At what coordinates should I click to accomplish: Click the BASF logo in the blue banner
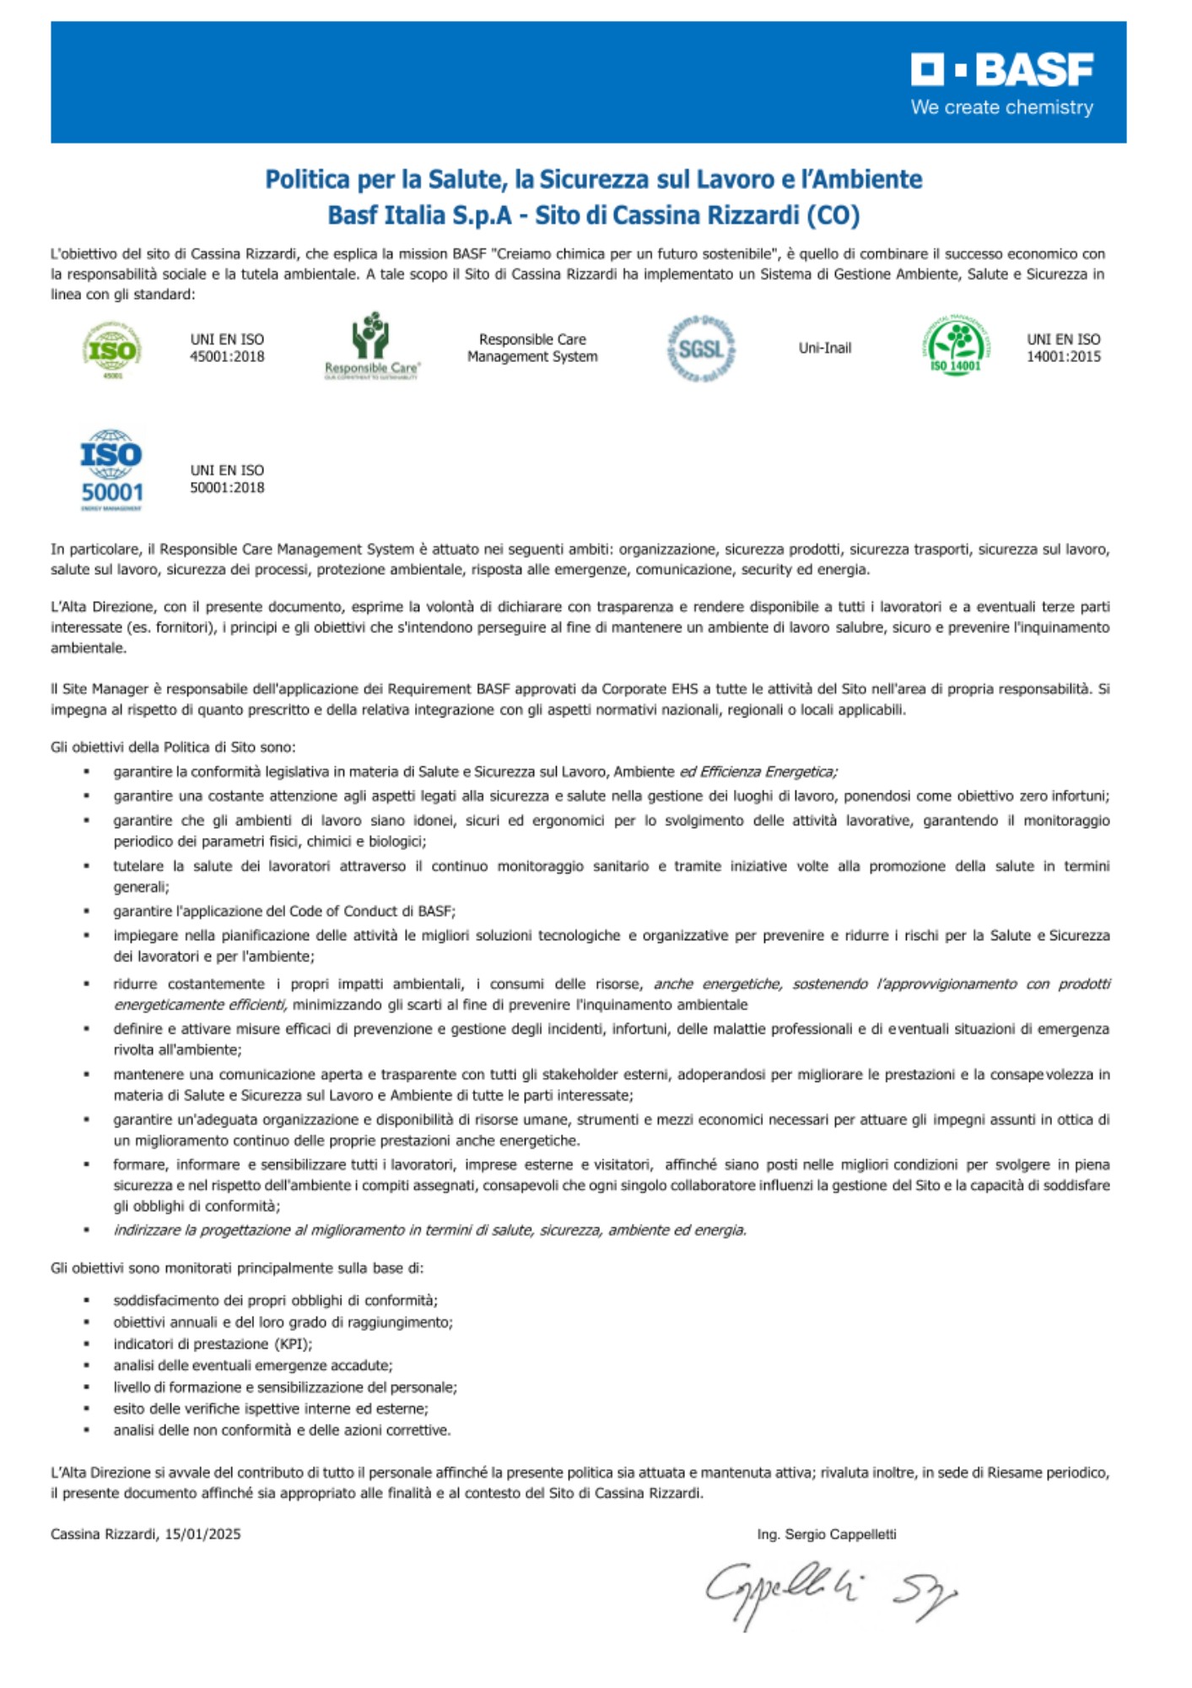click(1001, 70)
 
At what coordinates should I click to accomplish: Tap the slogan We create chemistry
click(1001, 108)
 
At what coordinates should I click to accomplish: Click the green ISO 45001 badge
click(111, 349)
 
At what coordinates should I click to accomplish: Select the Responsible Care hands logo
click(371, 345)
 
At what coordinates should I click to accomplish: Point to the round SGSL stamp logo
click(700, 349)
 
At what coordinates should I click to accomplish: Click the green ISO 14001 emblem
click(956, 346)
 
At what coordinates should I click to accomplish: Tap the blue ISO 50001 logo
click(111, 469)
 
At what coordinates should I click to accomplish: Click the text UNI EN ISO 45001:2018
click(227, 348)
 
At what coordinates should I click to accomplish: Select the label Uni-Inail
click(824, 348)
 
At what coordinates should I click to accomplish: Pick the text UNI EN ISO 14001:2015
click(1063, 348)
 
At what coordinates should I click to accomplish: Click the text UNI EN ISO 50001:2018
click(227, 479)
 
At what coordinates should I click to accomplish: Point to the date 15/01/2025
click(202, 1534)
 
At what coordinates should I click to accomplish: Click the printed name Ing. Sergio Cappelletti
click(826, 1534)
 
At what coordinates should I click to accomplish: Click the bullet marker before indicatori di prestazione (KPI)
click(86, 1344)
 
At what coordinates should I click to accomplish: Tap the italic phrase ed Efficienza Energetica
click(758, 771)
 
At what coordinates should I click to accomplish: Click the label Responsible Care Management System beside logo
click(532, 348)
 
